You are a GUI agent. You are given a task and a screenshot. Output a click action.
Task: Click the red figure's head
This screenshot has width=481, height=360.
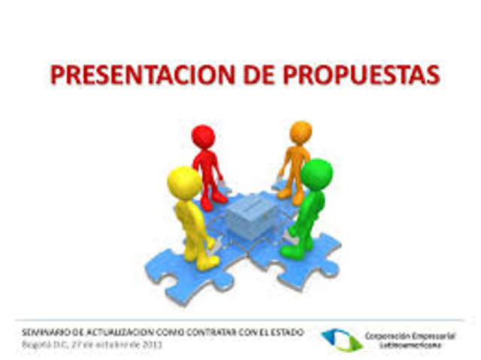203,137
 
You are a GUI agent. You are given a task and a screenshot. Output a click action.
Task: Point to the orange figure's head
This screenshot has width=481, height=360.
301,132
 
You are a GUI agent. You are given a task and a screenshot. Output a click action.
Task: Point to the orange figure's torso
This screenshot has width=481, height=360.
295,160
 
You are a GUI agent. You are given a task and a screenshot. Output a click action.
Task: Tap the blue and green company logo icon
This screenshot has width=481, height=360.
342,339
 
